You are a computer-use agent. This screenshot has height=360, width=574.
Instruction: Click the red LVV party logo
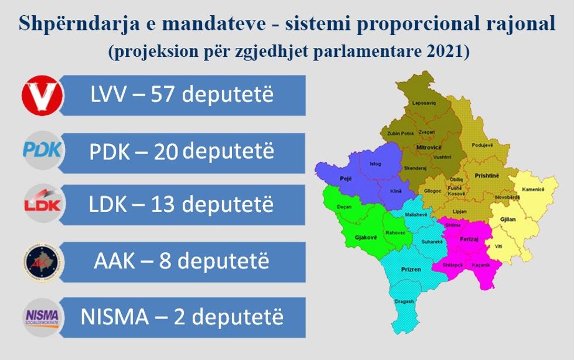click(42, 96)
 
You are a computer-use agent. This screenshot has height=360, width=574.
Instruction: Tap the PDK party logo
click(42, 150)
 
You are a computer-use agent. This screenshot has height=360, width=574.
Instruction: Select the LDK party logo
click(42, 204)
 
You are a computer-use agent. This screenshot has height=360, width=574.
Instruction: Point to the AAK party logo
click(42, 260)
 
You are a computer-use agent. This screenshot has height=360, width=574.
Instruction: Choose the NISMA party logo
click(42, 316)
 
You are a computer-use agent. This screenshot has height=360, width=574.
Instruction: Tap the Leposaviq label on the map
click(426, 102)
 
